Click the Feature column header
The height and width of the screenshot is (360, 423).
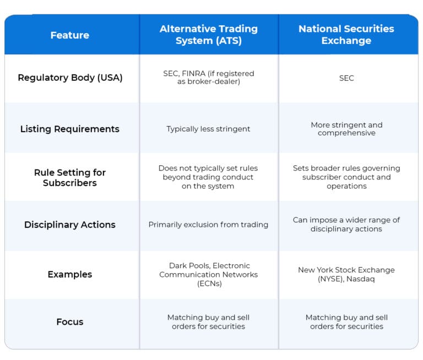[x=70, y=35]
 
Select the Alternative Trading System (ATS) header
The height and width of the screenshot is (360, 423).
[x=208, y=35]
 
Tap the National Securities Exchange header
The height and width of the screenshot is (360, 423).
[x=346, y=35]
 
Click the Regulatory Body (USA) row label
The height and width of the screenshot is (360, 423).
[x=70, y=78]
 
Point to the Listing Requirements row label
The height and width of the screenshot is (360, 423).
[x=70, y=129]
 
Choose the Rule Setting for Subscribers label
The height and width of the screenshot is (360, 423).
[x=70, y=177]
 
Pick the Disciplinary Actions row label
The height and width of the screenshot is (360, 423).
[x=70, y=225]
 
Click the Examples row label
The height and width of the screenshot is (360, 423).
[x=70, y=274]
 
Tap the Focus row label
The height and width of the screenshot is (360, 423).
[x=70, y=321]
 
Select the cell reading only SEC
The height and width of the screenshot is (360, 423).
[x=346, y=78]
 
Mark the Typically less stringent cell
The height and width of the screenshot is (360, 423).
[x=208, y=129]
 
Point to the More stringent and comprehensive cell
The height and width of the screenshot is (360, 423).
[x=346, y=129]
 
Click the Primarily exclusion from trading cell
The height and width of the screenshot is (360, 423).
[x=208, y=225]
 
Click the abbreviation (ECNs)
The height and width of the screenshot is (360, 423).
[x=208, y=283]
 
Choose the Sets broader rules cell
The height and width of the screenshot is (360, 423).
[x=346, y=177]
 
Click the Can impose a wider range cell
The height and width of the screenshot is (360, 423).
[x=346, y=224]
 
